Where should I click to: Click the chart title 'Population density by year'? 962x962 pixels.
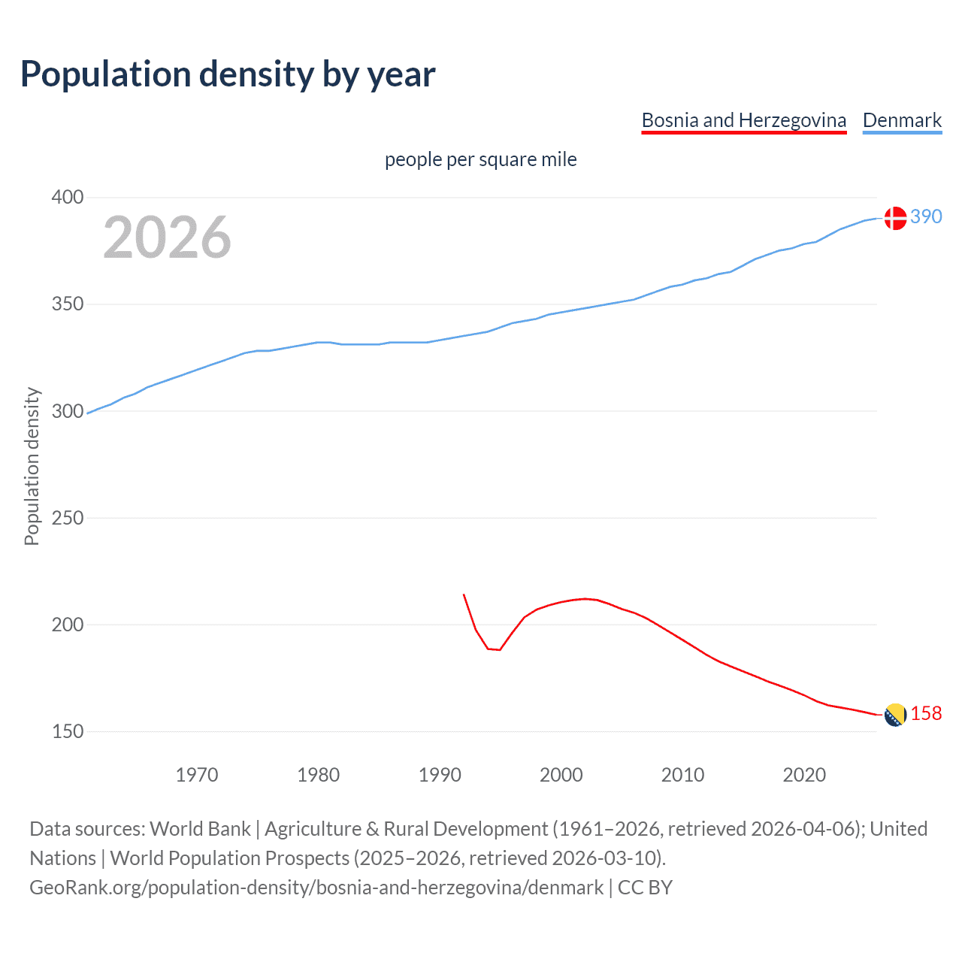(x=228, y=74)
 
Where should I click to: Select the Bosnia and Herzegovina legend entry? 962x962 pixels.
(x=743, y=120)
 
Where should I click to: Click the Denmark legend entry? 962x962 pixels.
(x=902, y=120)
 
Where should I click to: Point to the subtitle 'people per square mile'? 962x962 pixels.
(x=480, y=160)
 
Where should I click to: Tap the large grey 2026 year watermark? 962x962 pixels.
(x=167, y=237)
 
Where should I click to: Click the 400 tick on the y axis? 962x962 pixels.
(x=67, y=198)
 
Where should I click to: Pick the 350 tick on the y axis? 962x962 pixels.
(x=67, y=304)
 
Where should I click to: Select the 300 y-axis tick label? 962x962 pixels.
(x=67, y=411)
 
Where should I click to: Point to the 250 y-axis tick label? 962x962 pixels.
(x=67, y=518)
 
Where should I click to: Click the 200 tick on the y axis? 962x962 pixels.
(x=67, y=625)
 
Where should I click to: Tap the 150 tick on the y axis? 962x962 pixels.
(x=67, y=731)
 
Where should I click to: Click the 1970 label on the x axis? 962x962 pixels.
(x=197, y=775)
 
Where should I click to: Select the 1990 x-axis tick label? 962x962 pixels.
(x=440, y=775)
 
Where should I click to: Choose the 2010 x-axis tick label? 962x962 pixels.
(x=682, y=775)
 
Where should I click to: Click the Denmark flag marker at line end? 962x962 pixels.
(x=894, y=218)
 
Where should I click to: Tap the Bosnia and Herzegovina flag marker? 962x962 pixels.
(x=894, y=715)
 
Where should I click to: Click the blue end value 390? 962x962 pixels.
(x=926, y=217)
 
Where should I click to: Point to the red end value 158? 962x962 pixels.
(x=926, y=714)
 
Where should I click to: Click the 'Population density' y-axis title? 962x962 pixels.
(x=32, y=466)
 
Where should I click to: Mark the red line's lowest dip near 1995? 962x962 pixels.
(x=499, y=649)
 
